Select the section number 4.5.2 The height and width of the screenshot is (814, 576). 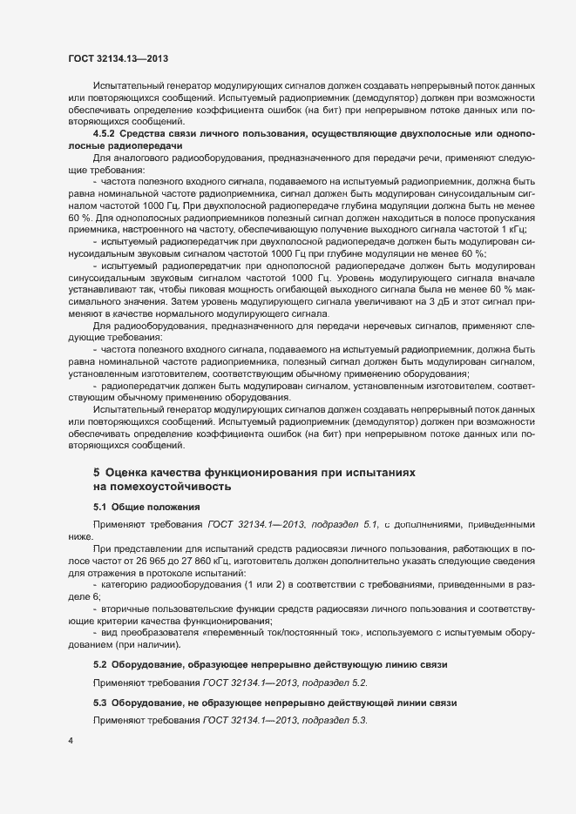click(105, 133)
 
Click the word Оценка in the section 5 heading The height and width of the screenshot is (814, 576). click(137, 473)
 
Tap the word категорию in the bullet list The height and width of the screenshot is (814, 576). click(126, 586)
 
